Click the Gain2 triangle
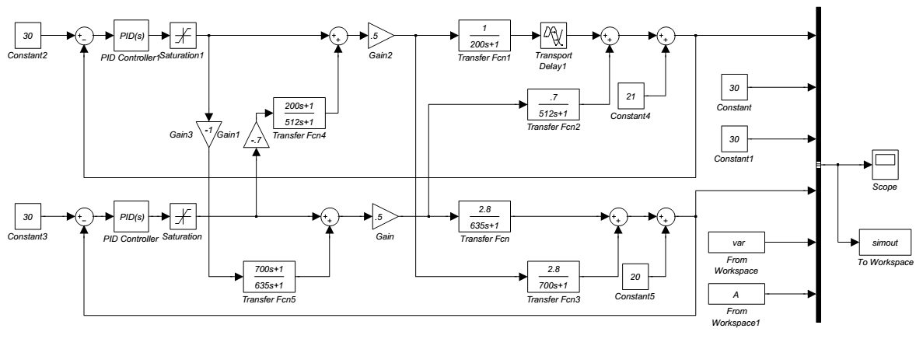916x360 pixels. (380, 35)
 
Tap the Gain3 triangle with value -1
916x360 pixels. (208, 135)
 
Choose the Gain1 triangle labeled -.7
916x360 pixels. (257, 137)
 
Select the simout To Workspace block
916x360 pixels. (886, 243)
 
